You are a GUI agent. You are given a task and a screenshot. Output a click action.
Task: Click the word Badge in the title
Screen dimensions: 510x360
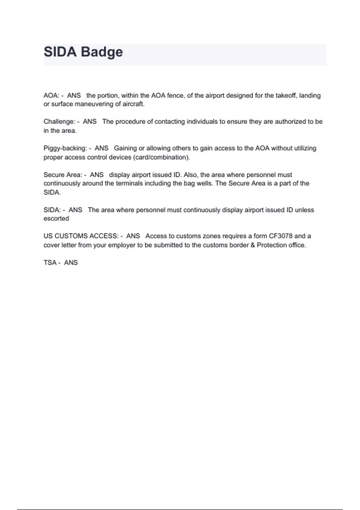[102, 52]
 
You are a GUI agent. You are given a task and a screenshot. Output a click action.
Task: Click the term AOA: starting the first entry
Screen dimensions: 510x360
[51, 95]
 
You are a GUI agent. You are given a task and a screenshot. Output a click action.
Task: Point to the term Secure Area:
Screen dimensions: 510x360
[63, 175]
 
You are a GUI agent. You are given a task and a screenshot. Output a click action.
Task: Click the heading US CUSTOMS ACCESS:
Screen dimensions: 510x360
[81, 236]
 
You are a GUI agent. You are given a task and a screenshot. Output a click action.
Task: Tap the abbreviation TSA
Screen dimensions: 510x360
[50, 262]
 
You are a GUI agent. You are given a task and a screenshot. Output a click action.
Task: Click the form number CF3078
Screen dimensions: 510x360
[280, 236]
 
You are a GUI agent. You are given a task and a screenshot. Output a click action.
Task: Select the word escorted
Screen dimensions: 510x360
[56, 218]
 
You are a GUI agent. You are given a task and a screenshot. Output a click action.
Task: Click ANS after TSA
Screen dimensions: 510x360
[71, 262]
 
